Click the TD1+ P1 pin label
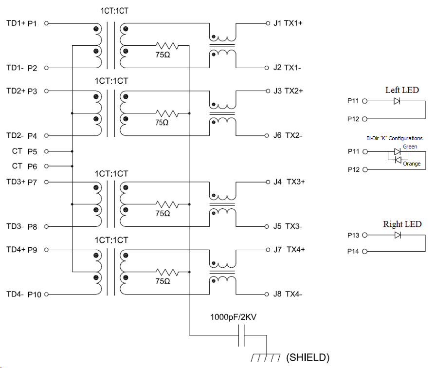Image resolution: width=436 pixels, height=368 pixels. (21, 23)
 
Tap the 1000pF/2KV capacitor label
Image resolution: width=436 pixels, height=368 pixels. (233, 317)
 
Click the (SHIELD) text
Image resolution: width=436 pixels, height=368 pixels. (308, 358)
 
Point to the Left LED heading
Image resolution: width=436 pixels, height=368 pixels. (402, 90)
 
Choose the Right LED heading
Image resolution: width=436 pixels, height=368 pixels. (402, 224)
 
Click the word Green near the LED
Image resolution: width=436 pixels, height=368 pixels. (410, 147)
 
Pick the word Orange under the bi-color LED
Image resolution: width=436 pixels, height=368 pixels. (412, 164)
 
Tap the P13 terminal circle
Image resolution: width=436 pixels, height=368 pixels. (365, 235)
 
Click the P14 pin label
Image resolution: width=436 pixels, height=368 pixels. (353, 251)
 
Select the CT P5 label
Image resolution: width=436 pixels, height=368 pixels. (24, 151)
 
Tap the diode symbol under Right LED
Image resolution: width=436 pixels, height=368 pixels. (398, 235)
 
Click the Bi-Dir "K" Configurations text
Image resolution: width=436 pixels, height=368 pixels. (394, 138)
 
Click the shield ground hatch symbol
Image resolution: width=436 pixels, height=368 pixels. (266, 358)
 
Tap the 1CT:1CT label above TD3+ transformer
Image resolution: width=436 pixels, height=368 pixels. (111, 173)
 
